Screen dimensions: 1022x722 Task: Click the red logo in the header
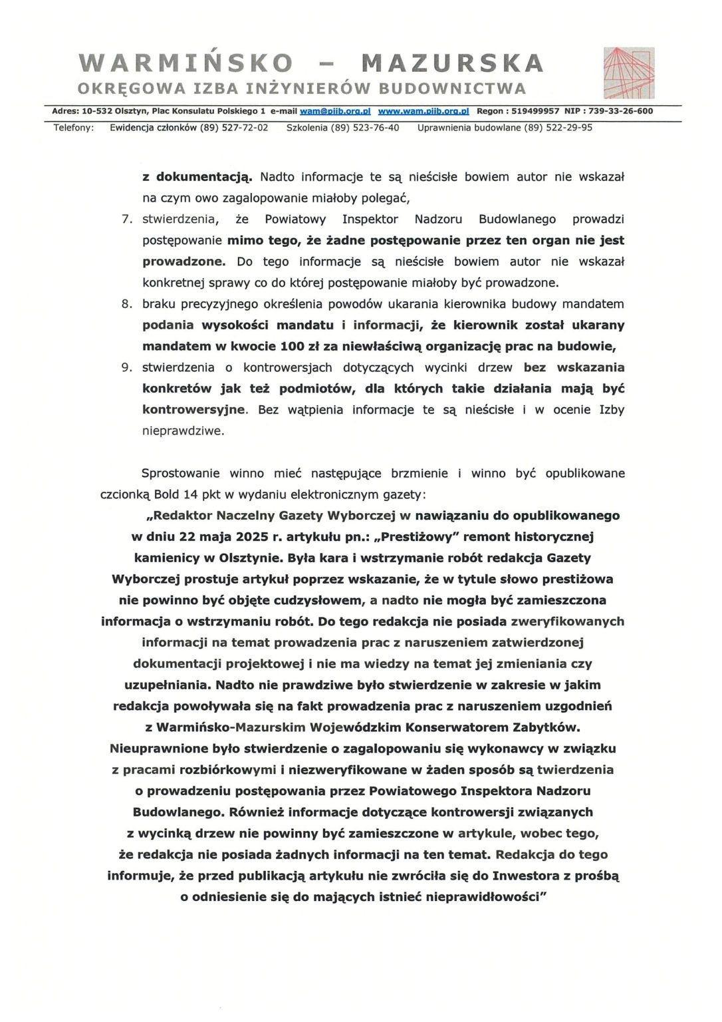click(628, 73)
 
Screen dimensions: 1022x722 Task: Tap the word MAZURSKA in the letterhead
click(452, 63)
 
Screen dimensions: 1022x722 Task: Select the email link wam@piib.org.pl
click(335, 111)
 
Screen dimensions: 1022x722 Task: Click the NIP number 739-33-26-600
click(619, 111)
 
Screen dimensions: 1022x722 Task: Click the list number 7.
click(126, 219)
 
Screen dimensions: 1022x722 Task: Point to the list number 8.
click(126, 304)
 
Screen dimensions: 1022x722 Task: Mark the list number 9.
click(126, 367)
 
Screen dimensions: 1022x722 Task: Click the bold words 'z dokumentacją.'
click(197, 177)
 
